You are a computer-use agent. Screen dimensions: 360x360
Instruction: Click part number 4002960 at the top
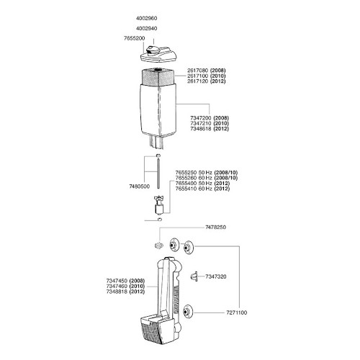(146, 18)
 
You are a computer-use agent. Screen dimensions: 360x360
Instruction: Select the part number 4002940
(146, 28)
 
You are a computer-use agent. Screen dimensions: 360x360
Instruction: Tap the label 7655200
(135, 38)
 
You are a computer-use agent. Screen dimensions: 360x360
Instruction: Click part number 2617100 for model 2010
(198, 76)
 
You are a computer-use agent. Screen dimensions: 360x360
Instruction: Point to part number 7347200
(201, 118)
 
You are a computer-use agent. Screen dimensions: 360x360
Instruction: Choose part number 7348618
(201, 129)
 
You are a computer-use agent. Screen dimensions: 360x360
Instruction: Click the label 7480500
(140, 186)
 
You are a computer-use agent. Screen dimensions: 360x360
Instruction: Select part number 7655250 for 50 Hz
(186, 173)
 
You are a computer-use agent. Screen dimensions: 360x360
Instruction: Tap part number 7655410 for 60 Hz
(186, 189)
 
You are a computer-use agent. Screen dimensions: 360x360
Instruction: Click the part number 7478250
(215, 228)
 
